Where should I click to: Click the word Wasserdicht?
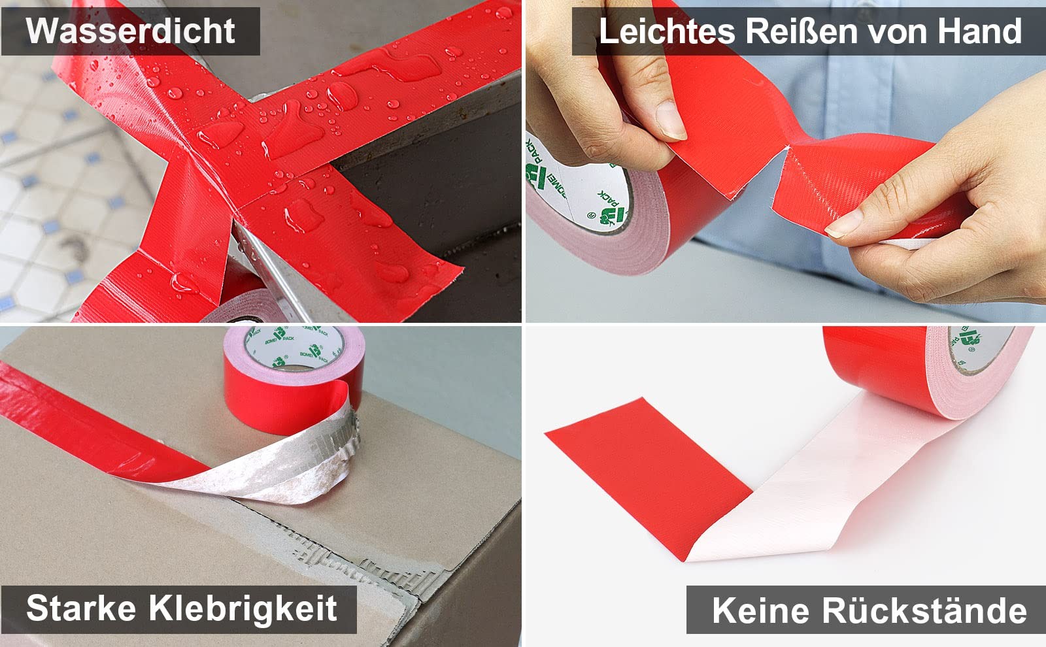pos(130,31)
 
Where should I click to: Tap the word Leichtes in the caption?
pos(667,31)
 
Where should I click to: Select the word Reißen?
pos(801,31)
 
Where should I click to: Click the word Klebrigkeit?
pos(243,608)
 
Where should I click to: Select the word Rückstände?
pos(924,610)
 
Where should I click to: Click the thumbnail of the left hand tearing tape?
pos(671,120)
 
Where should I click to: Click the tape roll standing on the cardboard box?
pos(294,378)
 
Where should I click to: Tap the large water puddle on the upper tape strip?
pos(388,63)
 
